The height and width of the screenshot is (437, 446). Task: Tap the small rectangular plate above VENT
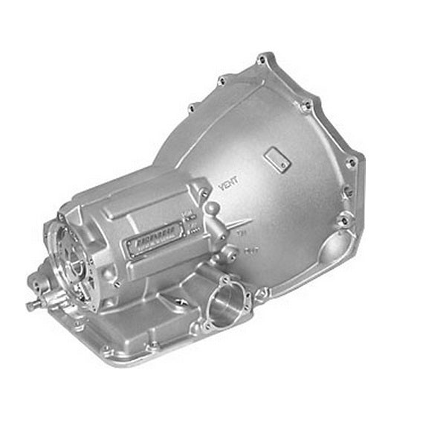[277, 158]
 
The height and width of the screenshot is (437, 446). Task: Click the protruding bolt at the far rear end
[32, 305]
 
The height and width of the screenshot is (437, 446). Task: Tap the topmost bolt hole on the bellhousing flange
[262, 59]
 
